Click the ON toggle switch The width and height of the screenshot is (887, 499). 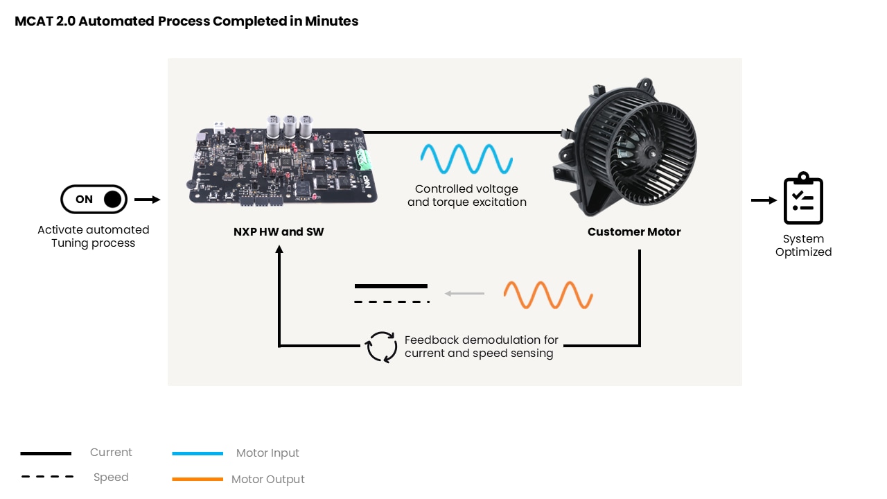pyautogui.click(x=94, y=199)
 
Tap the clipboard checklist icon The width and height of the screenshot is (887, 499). pyautogui.click(x=803, y=198)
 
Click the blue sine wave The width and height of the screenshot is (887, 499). pyautogui.click(x=466, y=159)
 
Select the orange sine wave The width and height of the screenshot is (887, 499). pyautogui.click(x=548, y=295)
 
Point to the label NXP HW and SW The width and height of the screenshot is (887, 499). pyautogui.click(x=279, y=231)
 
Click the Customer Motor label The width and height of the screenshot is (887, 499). pyautogui.click(x=634, y=231)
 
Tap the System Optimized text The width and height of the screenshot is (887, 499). pyautogui.click(x=803, y=245)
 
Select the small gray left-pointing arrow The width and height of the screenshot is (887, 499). pyautogui.click(x=464, y=293)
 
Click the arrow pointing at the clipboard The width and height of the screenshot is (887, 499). pyautogui.click(x=764, y=200)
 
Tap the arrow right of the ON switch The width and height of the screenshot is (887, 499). pyautogui.click(x=148, y=200)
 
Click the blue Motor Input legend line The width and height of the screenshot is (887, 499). pyautogui.click(x=197, y=453)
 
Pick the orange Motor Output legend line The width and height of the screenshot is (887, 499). pyautogui.click(x=197, y=479)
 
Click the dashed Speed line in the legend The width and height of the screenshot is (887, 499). pyautogui.click(x=48, y=476)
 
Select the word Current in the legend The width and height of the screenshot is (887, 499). pyautogui.click(x=111, y=453)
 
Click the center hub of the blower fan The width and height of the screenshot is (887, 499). pyautogui.click(x=650, y=153)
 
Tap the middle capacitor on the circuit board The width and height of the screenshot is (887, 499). pyautogui.click(x=290, y=126)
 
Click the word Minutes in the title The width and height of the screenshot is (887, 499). pyautogui.click(x=331, y=21)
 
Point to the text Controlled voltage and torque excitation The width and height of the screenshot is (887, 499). pyautogui.click(x=467, y=195)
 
